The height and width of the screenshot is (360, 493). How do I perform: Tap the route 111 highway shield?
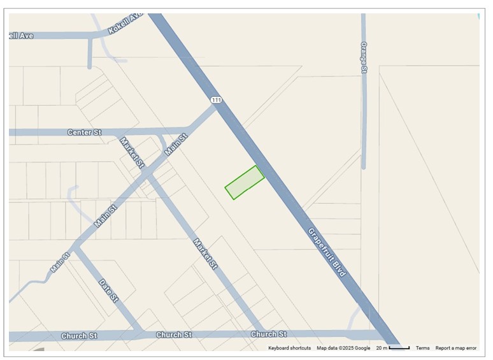coord(217,100)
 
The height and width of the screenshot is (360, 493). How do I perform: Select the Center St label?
coord(84,133)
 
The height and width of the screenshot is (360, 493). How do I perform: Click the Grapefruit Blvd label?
coord(327,252)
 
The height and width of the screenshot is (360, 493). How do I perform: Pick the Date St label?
coord(108,290)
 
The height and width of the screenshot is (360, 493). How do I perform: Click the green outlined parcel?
coord(245,182)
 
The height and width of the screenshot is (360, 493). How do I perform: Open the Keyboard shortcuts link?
coord(289,348)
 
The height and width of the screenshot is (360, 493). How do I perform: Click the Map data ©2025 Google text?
coord(343,348)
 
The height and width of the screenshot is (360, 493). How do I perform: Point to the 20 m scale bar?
coord(393,348)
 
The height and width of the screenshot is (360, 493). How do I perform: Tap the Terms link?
coord(422,348)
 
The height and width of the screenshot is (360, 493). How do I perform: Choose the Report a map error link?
coord(455,348)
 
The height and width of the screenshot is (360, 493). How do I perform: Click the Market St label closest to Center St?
coord(132,152)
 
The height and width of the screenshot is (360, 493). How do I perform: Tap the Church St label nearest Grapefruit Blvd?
coord(268,335)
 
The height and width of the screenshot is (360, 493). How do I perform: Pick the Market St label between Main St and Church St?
coord(205,253)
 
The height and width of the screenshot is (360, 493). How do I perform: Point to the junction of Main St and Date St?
coord(76,245)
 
